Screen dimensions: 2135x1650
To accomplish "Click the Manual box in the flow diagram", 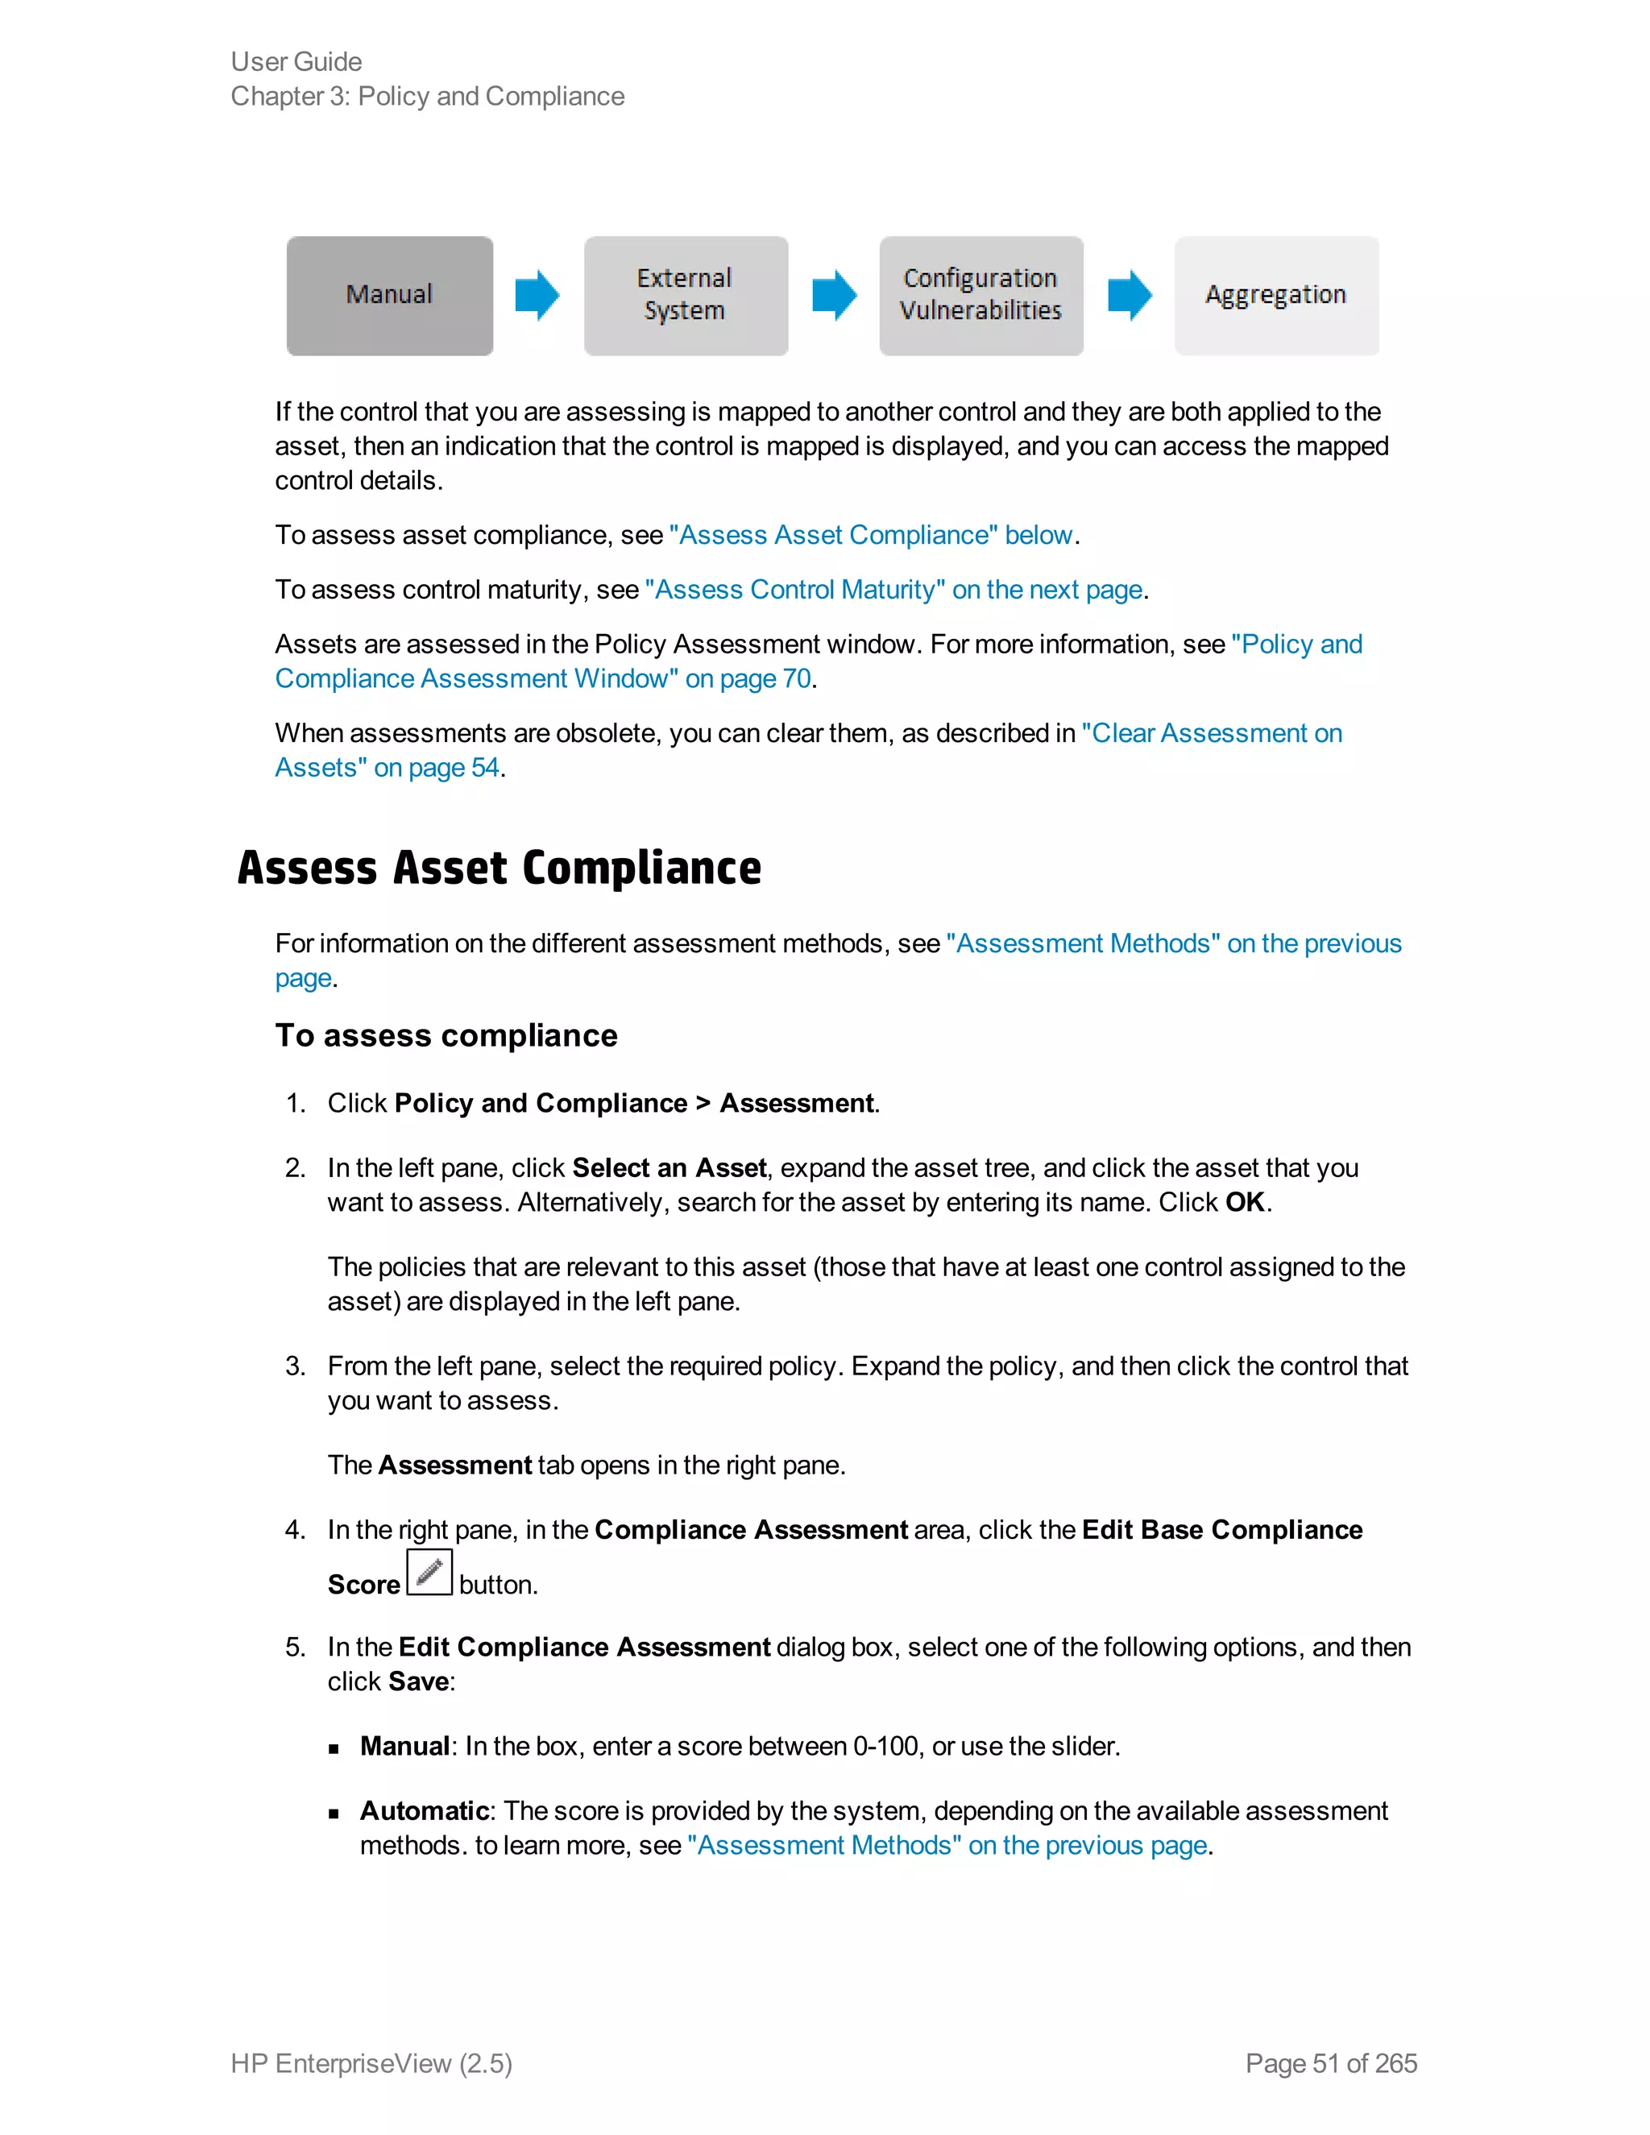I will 389,295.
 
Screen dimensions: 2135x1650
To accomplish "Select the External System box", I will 686,295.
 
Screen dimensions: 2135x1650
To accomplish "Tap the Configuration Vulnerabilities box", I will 980,295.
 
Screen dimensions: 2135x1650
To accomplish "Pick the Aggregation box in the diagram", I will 1275,295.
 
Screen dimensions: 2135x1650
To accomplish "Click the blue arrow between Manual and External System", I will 537,295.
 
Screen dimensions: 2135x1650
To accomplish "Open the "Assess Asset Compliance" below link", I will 870,536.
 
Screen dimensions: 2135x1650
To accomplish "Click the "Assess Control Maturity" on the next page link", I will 893,591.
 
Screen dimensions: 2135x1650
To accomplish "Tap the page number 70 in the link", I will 797,679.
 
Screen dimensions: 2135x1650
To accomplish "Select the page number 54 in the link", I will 485,769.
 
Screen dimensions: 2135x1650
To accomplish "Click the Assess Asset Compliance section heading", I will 499,868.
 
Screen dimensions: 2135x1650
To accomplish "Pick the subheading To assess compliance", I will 446,1036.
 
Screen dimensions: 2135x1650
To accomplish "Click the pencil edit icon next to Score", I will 429,1573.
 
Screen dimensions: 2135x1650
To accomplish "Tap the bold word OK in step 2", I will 1244,1202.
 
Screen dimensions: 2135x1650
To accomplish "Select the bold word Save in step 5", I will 418,1682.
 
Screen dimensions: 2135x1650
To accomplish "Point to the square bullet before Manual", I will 334,1749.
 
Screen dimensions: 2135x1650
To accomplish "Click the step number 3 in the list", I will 294,1366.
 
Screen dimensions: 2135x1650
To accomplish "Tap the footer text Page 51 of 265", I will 1330,2063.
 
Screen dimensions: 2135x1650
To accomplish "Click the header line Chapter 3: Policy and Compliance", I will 427,97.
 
